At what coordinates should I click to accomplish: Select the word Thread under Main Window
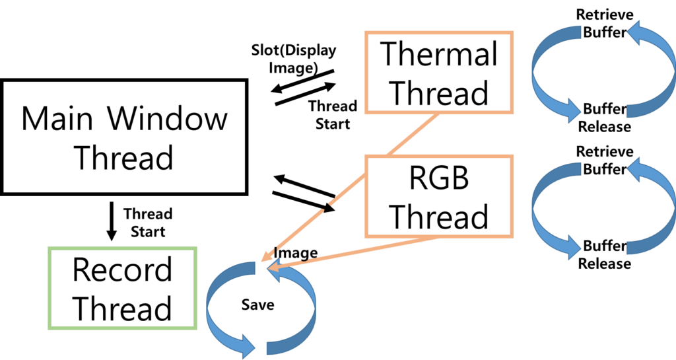coord(123,158)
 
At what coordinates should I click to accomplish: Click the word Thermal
coord(439,54)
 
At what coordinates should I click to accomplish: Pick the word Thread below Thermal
coord(439,92)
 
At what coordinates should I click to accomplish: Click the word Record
coord(122,270)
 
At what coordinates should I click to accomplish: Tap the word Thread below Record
coord(122,308)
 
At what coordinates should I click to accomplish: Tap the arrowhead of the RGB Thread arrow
coord(272,268)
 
